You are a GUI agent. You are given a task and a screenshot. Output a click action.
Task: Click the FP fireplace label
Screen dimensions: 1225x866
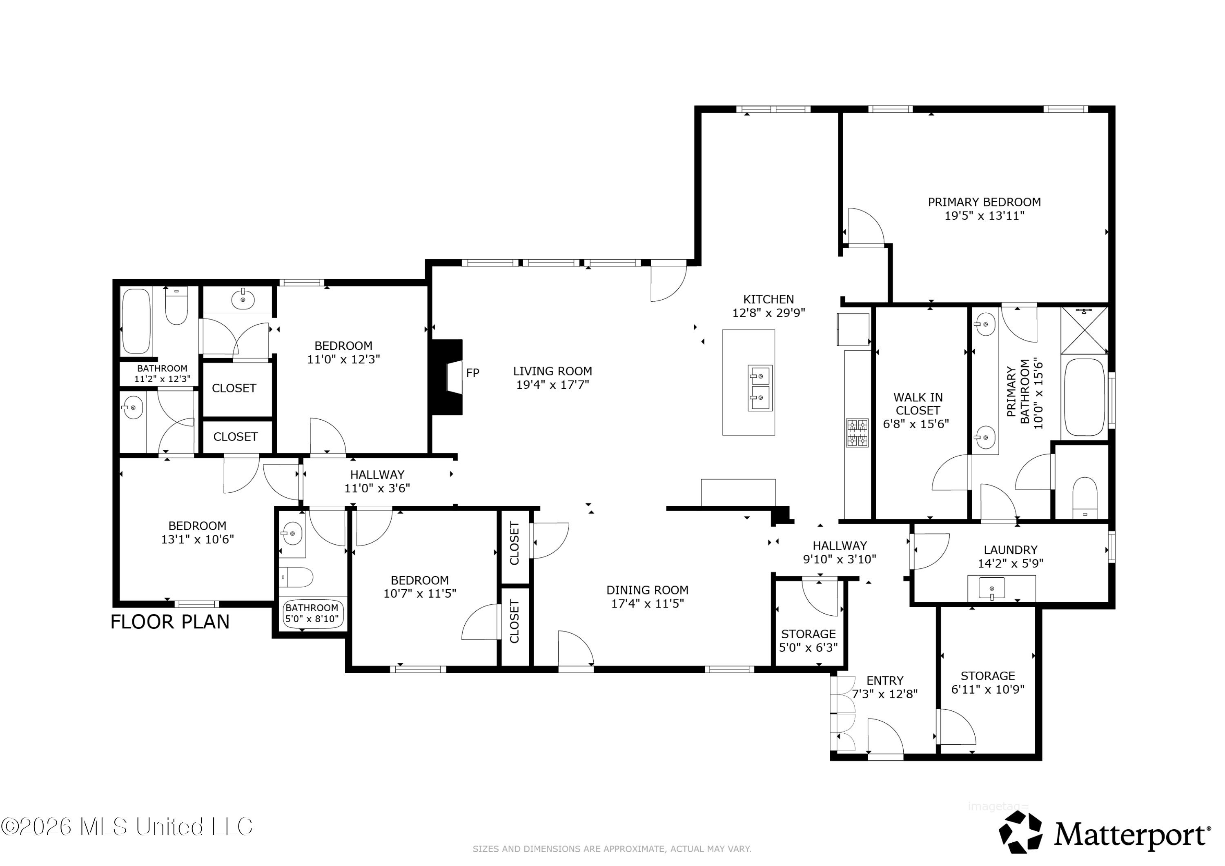tap(473, 373)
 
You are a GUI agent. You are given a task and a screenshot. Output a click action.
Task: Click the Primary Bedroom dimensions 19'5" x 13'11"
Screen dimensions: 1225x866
tap(984, 216)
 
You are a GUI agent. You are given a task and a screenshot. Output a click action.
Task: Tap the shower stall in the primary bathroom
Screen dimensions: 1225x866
tap(1085, 330)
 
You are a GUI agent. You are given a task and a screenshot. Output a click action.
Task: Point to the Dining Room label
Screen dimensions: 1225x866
tap(647, 590)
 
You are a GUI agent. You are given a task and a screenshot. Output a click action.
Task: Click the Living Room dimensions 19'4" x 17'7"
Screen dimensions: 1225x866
tap(553, 385)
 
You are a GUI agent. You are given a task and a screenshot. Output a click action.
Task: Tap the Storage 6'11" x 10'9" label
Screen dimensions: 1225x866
tap(988, 682)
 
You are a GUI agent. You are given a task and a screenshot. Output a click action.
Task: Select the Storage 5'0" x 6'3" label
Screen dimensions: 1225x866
tap(808, 641)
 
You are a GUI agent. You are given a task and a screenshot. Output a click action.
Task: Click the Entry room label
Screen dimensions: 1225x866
tap(885, 681)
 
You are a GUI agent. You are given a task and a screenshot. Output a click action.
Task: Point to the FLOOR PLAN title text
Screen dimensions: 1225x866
tap(170, 622)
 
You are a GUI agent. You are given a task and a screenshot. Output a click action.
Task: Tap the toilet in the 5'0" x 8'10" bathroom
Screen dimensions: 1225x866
tap(296, 577)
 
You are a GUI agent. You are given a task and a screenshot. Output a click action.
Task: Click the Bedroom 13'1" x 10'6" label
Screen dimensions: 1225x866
tap(197, 532)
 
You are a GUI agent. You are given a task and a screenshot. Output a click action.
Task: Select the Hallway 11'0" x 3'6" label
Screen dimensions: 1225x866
tap(377, 481)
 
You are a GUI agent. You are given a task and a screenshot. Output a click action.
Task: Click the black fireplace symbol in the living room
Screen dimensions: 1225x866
tap(447, 377)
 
